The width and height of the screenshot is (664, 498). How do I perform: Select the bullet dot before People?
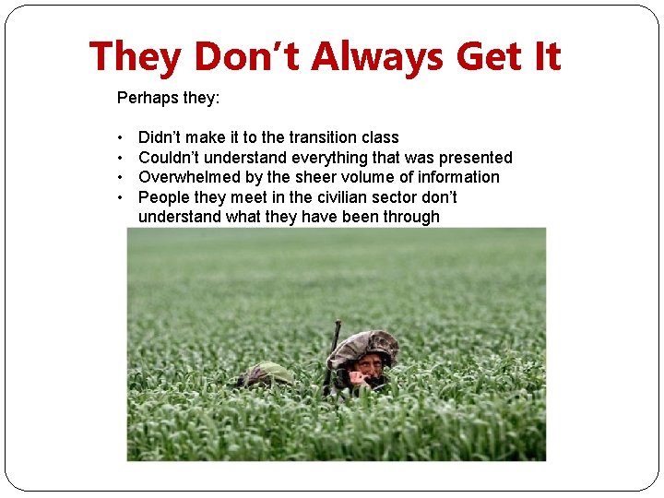(122, 197)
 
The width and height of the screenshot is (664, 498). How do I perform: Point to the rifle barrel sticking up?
(335, 341)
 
